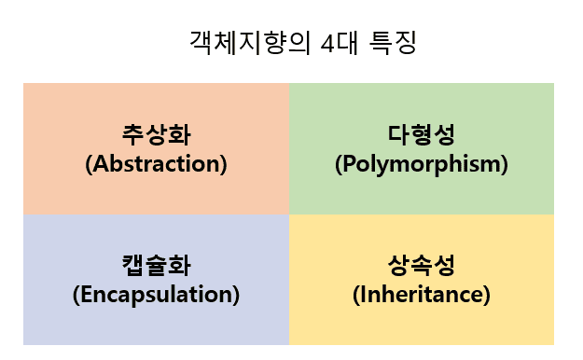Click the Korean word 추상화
[156, 135]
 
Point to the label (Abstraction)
[156, 164]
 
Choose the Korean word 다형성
[421, 135]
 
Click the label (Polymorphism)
[421, 164]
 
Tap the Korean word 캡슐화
[156, 266]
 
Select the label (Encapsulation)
[156, 295]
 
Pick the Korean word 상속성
[421, 266]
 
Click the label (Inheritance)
[421, 295]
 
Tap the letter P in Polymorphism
[347, 164]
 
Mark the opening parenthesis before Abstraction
[88, 165]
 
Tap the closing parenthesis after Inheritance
[487, 296]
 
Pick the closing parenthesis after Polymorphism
[504, 165]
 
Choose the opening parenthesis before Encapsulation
[75, 296]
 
